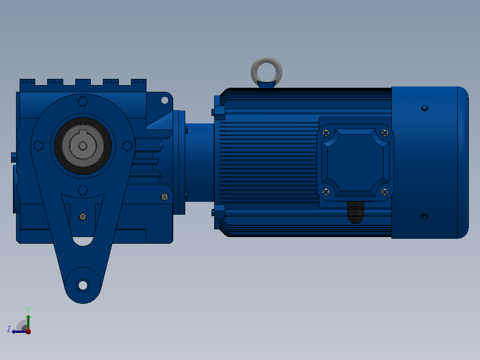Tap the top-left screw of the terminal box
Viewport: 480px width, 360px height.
(x=326, y=133)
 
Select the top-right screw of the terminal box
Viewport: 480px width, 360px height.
(x=385, y=133)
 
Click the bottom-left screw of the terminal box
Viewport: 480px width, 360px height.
(x=326, y=192)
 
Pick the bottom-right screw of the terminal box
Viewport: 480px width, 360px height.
(x=385, y=192)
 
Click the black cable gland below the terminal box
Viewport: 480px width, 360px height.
(x=355, y=212)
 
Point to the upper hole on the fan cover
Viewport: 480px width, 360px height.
(x=425, y=108)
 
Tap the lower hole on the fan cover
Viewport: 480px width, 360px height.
(x=425, y=217)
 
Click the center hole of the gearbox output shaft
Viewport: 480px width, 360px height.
(x=83, y=146)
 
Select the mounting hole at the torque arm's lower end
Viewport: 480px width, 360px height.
(x=83, y=285)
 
